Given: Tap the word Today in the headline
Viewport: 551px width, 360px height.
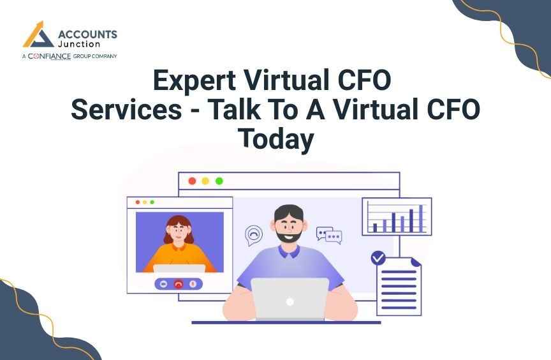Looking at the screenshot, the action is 276,139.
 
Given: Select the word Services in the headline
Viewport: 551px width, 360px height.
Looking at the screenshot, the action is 126,109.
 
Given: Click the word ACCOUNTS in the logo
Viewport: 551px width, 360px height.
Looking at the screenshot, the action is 87,34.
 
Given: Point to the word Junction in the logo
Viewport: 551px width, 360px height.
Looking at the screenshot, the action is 79,44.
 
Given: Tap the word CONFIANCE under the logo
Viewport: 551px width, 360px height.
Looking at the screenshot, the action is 49,56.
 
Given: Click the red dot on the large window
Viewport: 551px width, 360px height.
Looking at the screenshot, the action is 192,181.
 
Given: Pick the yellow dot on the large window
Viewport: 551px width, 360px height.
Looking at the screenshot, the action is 205,181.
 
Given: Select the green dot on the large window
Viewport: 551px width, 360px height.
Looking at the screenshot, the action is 219,181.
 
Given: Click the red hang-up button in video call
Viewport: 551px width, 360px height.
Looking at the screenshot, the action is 179,284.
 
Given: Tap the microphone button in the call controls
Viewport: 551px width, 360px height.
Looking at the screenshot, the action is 193,283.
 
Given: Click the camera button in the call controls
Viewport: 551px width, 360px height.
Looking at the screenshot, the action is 163,283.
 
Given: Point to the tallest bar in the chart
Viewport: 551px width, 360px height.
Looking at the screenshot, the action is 421,219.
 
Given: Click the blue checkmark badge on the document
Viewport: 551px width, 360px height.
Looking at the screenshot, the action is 378,258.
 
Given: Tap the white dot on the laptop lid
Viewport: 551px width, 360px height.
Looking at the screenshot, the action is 290,302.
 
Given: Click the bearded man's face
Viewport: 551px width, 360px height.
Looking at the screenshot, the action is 289,226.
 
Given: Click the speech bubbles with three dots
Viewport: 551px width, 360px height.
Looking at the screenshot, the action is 329,235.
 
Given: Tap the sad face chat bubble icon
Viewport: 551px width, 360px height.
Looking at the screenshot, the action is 254,234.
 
